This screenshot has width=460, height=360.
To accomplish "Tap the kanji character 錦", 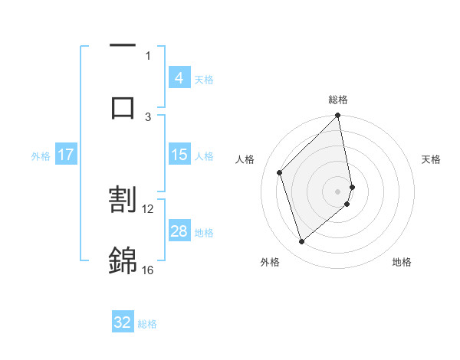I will click(123, 260).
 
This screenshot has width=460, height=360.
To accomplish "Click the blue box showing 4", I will click(179, 78).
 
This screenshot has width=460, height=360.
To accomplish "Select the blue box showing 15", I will click(179, 155).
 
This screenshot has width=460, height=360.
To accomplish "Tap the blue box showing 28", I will click(179, 231).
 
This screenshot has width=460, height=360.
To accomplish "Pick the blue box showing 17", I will click(65, 155).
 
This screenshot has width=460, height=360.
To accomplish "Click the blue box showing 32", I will click(123, 323).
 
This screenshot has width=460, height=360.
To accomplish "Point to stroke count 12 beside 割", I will click(148, 208).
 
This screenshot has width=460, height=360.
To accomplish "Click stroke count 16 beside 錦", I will click(148, 270).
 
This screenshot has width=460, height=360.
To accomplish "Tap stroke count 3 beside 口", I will click(148, 116).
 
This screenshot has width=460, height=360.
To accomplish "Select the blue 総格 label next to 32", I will click(147, 324).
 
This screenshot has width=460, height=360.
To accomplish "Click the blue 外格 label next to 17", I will click(41, 155).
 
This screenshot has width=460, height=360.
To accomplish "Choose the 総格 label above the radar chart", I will click(338, 100).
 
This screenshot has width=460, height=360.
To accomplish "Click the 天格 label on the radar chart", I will click(431, 159).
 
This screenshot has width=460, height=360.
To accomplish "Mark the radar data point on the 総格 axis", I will click(338, 116).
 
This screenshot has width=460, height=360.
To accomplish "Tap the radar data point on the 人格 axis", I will click(280, 172).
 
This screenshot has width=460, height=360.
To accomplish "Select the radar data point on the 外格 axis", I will click(302, 242).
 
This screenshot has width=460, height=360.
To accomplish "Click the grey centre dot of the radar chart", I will click(338, 191).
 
